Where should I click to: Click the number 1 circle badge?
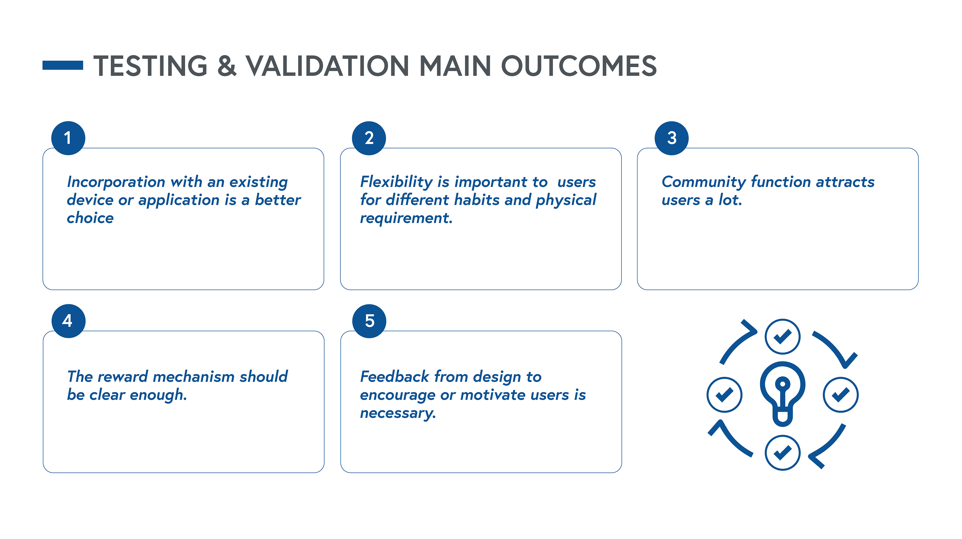[x=68, y=138]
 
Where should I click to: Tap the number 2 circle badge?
[x=369, y=138]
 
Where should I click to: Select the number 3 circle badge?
[x=671, y=138]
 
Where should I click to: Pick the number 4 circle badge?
[x=68, y=321]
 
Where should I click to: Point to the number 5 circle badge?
[x=369, y=321]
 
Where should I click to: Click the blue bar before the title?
[x=63, y=65]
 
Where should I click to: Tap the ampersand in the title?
[x=227, y=66]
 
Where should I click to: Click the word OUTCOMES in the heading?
[x=578, y=66]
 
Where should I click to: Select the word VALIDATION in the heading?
[x=327, y=66]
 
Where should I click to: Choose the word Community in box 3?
[x=703, y=182]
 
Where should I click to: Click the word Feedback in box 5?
[x=394, y=376]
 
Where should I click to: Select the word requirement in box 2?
[x=406, y=218]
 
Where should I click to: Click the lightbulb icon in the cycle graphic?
[x=782, y=394]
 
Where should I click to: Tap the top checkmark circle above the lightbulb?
[x=782, y=336]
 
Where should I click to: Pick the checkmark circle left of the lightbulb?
[x=725, y=395]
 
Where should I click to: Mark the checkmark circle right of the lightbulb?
[x=841, y=395]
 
